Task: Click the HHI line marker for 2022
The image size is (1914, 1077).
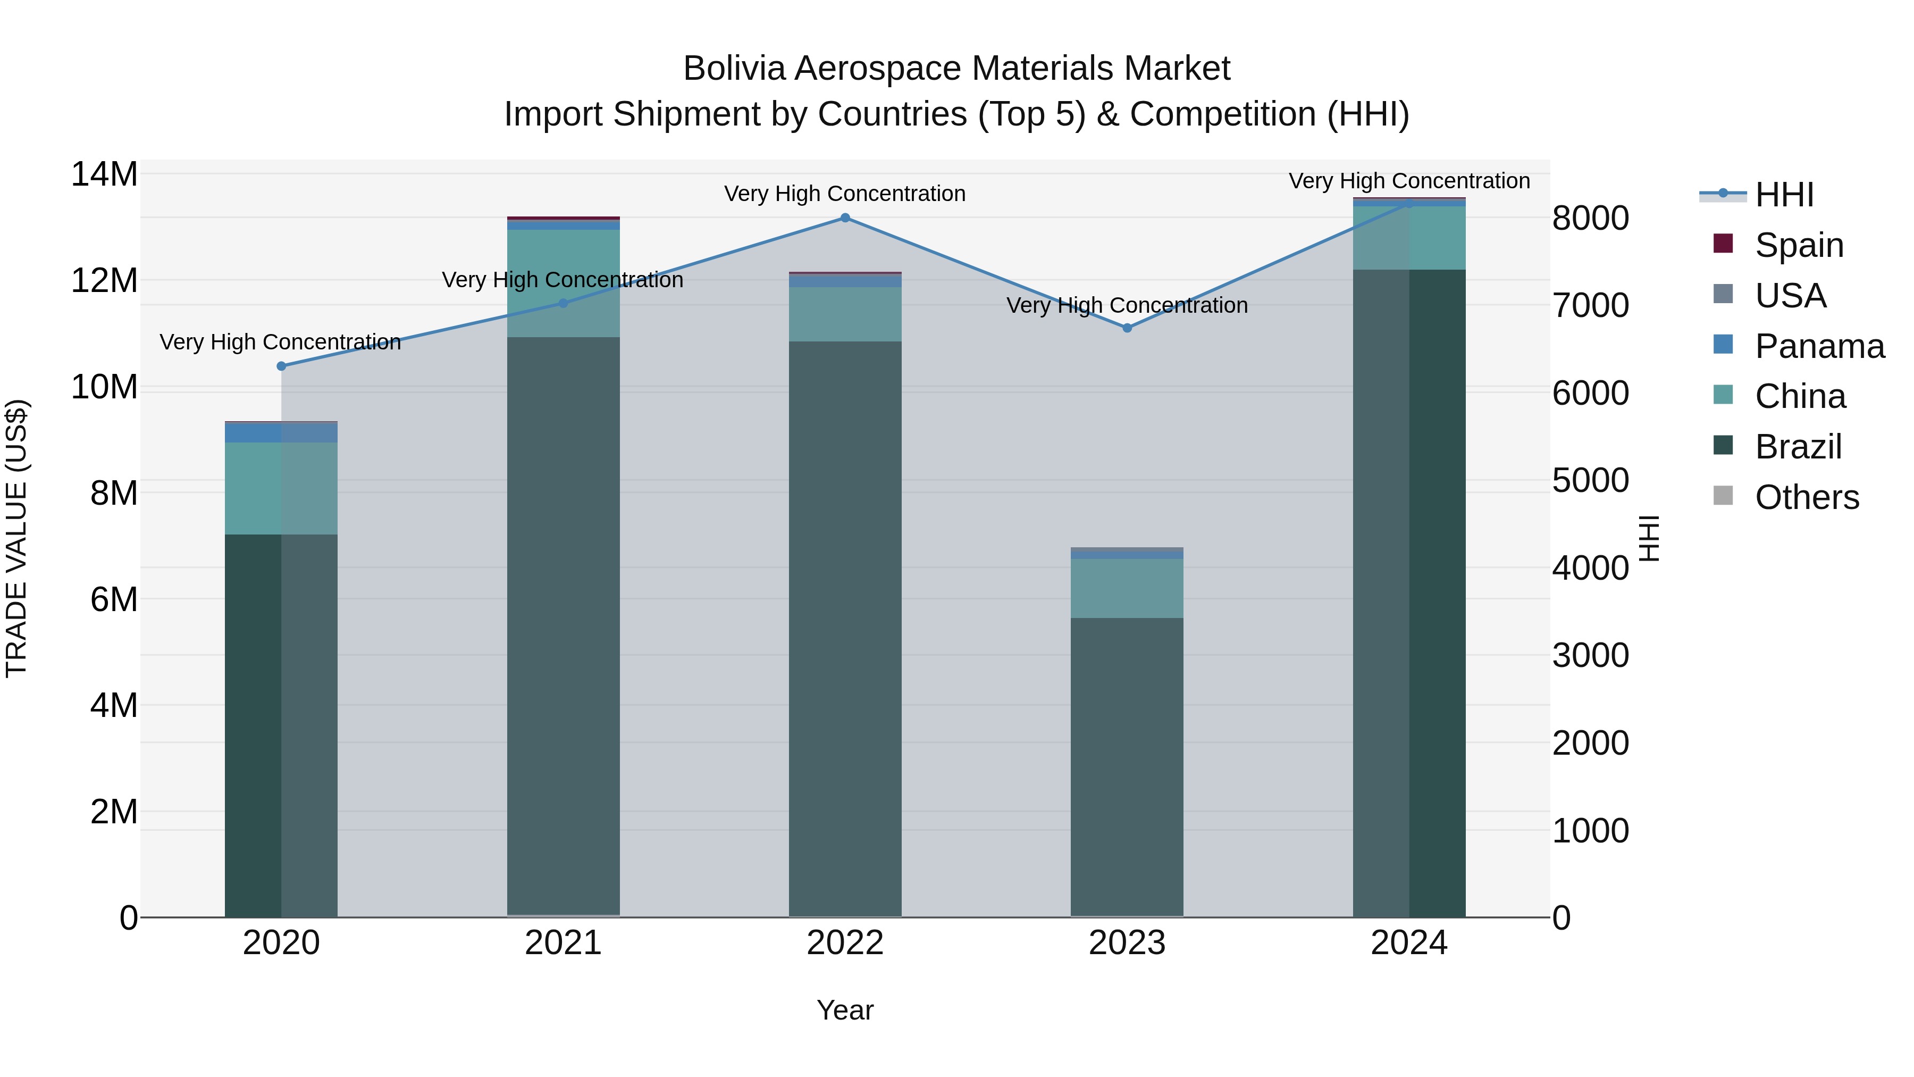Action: (845, 218)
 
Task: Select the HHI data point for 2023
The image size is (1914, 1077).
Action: (1127, 328)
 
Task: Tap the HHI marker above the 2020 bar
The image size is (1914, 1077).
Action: (281, 366)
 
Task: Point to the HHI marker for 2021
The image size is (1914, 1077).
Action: (563, 303)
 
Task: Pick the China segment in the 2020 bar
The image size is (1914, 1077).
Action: (281, 488)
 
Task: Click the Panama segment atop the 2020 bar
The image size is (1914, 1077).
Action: (281, 432)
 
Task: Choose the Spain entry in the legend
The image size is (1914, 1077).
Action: (1798, 245)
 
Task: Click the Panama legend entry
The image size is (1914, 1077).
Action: (1819, 346)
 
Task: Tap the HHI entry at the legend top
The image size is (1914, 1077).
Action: (1783, 195)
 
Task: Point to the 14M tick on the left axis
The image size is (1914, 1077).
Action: (104, 174)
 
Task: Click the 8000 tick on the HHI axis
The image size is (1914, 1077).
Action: (1590, 219)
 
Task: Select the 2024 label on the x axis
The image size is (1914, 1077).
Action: (1409, 943)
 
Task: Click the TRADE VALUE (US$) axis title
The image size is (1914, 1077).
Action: (16, 538)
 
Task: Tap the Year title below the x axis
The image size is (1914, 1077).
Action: (845, 1010)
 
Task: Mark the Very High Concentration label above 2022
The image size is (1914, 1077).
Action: (845, 194)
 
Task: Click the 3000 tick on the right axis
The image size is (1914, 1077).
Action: (1590, 656)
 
